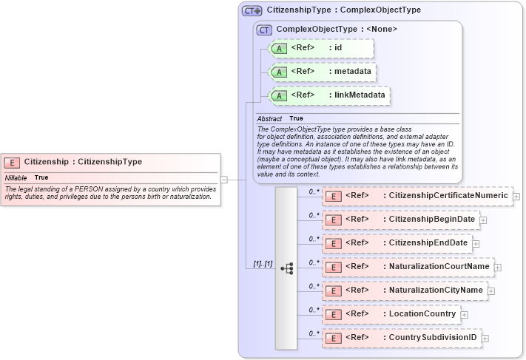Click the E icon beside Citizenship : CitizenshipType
[x=13, y=162]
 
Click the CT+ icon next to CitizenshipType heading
[x=252, y=10]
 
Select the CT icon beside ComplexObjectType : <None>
[x=263, y=30]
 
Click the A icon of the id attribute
[x=279, y=49]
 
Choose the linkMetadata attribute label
[x=360, y=95]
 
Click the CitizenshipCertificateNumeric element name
[x=448, y=196]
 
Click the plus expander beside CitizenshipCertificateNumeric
[x=516, y=197]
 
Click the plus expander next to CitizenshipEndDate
[x=476, y=243]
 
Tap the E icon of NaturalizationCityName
[x=334, y=291]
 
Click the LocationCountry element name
[x=422, y=314]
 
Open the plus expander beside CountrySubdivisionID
[x=485, y=339]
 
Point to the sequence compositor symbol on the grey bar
[x=286, y=268]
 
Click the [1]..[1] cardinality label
[x=263, y=264]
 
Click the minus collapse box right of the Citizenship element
[x=224, y=179]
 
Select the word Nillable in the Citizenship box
[x=16, y=177]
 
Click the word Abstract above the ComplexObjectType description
[x=269, y=118]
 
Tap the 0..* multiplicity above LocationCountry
[x=314, y=309]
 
